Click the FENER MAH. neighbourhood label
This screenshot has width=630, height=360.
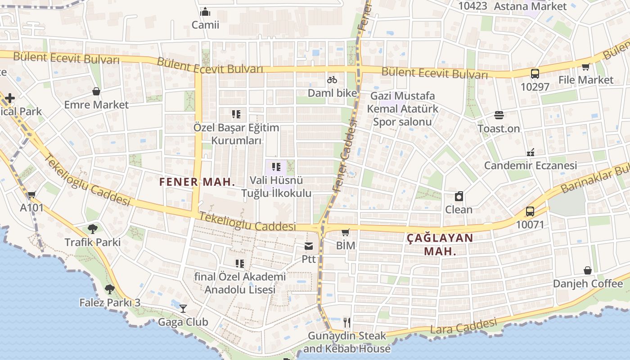[x=197, y=182]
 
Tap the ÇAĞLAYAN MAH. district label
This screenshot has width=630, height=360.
[x=440, y=244]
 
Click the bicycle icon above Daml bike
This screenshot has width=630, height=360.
[x=332, y=80]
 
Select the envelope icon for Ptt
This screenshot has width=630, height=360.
[x=309, y=246]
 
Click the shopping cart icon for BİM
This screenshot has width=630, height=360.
[x=345, y=232]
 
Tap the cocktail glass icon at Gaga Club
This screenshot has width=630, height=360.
[x=183, y=308]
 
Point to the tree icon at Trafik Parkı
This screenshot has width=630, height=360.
[x=93, y=229]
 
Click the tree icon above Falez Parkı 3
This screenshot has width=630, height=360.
[x=109, y=289]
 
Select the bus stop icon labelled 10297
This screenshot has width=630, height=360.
[x=535, y=74]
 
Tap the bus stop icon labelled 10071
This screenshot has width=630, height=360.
[x=530, y=211]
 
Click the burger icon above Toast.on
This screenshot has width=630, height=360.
[x=499, y=115]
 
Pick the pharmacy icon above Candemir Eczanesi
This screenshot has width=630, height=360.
[x=531, y=152]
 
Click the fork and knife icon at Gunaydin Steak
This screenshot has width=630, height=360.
[x=346, y=322]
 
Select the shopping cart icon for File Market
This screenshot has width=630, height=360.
[x=585, y=67]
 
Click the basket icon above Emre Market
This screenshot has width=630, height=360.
[x=96, y=91]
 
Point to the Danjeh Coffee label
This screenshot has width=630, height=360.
[x=588, y=283]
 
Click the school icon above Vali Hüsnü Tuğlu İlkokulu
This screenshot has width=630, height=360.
[x=276, y=167]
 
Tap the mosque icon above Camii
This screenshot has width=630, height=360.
[x=205, y=12]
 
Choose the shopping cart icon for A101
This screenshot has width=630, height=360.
[x=31, y=195]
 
